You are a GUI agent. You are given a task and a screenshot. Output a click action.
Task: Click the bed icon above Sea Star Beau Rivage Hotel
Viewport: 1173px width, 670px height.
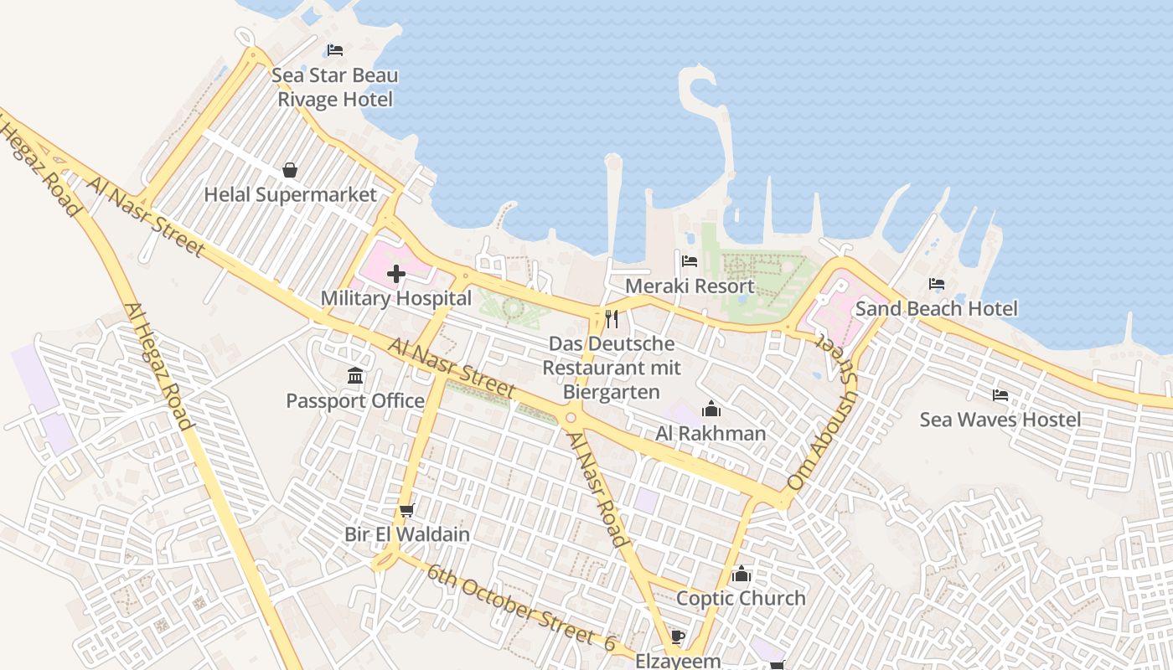(x=335, y=50)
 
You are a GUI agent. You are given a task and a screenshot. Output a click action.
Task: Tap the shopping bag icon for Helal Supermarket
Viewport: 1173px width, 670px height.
(x=290, y=171)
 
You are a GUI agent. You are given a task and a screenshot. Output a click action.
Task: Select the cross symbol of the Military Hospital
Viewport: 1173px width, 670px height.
(x=396, y=274)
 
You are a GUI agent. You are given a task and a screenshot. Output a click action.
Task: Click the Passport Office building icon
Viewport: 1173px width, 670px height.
(x=355, y=376)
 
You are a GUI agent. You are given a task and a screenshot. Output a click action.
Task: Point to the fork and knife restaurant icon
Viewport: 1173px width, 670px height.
(x=612, y=319)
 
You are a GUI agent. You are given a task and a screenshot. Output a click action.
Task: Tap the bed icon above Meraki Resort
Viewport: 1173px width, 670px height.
(x=690, y=261)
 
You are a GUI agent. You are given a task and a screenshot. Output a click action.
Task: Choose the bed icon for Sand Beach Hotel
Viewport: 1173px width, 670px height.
(x=937, y=285)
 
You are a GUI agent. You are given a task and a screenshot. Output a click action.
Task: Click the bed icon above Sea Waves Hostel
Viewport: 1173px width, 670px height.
(x=1000, y=395)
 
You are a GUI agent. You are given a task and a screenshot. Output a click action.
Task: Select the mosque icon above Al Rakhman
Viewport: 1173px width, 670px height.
(x=711, y=409)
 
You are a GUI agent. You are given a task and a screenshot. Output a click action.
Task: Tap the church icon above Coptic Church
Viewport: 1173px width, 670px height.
(x=742, y=574)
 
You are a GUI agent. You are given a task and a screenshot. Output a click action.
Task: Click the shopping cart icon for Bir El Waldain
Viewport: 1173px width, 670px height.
(x=407, y=510)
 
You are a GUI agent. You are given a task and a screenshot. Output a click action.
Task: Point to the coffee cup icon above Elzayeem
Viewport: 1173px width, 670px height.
(x=678, y=637)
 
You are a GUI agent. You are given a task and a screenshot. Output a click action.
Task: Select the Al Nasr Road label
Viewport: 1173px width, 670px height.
(x=597, y=489)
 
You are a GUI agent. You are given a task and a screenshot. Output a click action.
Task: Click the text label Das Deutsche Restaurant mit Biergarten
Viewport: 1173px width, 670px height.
(x=611, y=368)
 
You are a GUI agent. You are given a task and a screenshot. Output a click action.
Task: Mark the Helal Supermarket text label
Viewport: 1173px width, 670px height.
(x=291, y=195)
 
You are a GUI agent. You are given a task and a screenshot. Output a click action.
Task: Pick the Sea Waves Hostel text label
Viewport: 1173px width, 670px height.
(x=1000, y=420)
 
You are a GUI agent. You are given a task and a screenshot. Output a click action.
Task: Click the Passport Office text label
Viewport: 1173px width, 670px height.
(x=355, y=401)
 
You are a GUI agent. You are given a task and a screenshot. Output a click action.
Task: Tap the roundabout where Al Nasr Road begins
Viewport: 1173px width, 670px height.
(x=571, y=417)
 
